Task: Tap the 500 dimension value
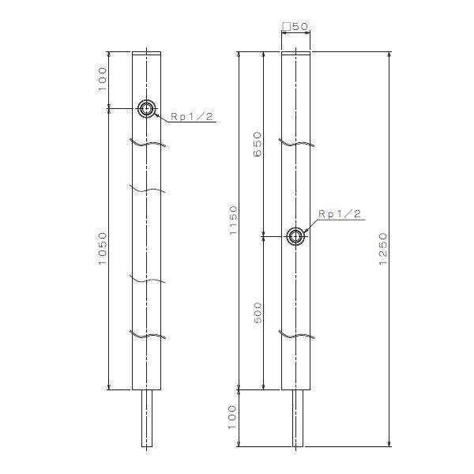click(256, 314)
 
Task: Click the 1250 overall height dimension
click(383, 250)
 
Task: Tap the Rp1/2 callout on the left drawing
click(189, 117)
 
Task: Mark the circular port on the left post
click(147, 109)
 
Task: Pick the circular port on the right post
click(295, 235)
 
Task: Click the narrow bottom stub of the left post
click(147, 419)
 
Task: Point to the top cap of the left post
click(147, 55)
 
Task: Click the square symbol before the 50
click(287, 26)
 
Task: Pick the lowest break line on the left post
click(147, 335)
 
